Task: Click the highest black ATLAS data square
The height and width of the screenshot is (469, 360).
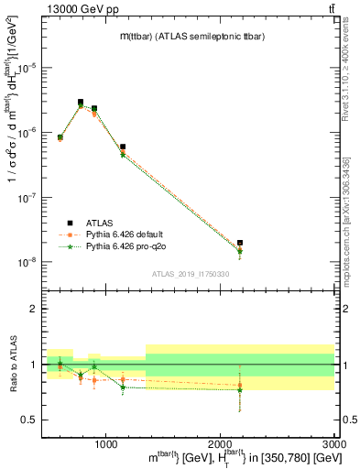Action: click(x=81, y=103)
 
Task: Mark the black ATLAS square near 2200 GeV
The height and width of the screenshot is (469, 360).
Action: click(x=240, y=243)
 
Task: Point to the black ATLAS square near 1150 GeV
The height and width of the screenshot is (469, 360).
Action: click(x=123, y=147)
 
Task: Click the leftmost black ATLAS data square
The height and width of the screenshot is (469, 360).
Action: click(x=60, y=137)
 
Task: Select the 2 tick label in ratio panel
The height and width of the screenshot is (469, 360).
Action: click(x=35, y=309)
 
